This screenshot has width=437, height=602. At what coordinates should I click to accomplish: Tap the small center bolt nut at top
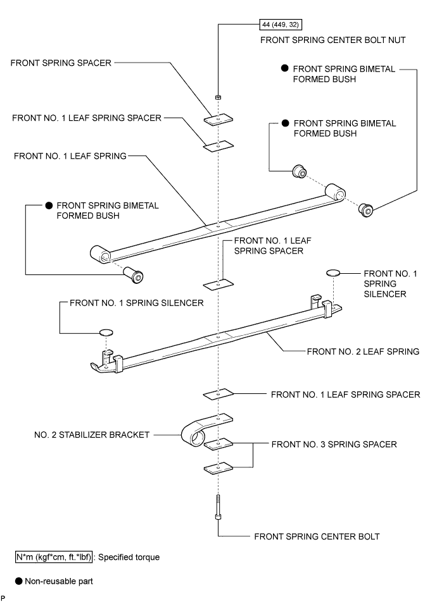coord(218,97)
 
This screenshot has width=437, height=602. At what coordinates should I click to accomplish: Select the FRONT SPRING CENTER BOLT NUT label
coord(332,40)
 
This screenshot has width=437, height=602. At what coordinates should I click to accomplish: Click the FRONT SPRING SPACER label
coord(61,63)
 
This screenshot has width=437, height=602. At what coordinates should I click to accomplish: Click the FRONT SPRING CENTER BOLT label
coord(317,536)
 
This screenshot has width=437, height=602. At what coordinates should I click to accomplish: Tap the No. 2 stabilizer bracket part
coord(206,430)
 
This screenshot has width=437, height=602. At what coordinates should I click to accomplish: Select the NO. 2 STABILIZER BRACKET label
coord(92,434)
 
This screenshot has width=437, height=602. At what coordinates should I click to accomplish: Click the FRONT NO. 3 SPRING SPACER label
coord(334,444)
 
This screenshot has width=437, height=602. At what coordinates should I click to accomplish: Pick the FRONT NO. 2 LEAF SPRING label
coord(363,352)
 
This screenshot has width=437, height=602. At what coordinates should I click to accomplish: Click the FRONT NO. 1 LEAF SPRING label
coord(70,156)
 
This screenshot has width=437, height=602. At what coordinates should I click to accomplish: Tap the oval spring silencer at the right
coord(333,273)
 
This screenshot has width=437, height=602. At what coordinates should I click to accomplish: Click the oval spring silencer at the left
coord(106,333)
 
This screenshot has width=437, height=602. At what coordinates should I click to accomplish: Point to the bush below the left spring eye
coord(133,275)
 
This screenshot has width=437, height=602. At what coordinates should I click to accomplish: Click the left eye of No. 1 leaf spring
coord(101,254)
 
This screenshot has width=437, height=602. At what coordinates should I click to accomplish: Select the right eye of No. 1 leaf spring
coord(335,192)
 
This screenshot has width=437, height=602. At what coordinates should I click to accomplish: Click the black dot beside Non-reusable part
coord(19,581)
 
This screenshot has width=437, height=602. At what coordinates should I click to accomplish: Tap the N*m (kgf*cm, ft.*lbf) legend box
coord(54,557)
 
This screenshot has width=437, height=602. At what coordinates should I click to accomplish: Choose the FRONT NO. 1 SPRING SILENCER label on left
coord(137,303)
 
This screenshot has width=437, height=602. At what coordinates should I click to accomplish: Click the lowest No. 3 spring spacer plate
coord(218,468)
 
